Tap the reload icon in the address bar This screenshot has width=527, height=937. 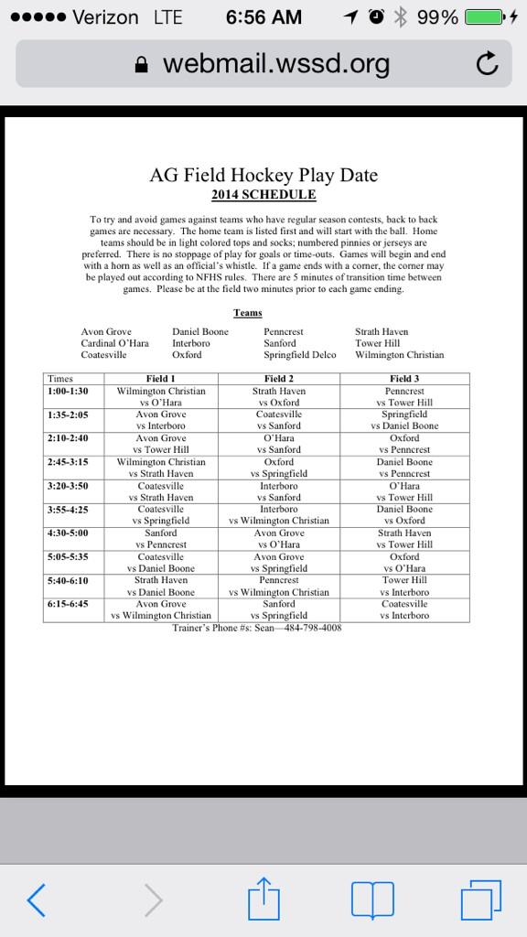tap(488, 63)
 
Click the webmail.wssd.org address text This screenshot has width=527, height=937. tap(275, 64)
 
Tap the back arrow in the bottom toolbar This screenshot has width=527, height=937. tap(36, 900)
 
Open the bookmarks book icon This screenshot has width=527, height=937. tap(372, 900)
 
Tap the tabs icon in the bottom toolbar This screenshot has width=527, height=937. tap(481, 900)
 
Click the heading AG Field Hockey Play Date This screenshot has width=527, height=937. tap(263, 175)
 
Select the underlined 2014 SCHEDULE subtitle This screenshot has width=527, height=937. tap(263, 195)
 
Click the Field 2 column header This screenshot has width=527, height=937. tap(279, 379)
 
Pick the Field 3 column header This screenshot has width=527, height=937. tap(404, 379)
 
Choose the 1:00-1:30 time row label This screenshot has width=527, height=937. tap(68, 391)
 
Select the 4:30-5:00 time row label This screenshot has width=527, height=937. tap(68, 533)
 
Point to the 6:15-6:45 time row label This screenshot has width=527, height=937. tap(68, 604)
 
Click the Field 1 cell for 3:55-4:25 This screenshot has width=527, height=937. tap(161, 514)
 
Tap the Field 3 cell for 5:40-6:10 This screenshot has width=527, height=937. tap(404, 586)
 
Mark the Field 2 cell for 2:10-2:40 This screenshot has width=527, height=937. tap(279, 444)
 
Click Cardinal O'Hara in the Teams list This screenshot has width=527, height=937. tap(114, 343)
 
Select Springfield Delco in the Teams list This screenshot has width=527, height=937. tap(300, 355)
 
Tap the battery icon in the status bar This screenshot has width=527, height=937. tap(485, 17)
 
